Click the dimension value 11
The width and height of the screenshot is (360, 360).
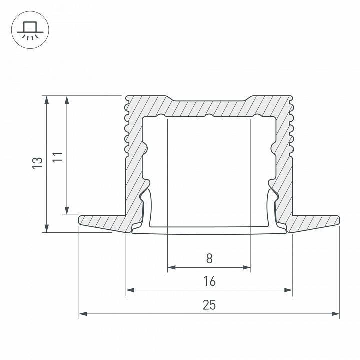coord(58,156)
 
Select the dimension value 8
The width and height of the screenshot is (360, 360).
coord(209,258)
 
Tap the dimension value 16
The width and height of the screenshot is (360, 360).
coord(209,281)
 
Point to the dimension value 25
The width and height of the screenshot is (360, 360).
coord(209,305)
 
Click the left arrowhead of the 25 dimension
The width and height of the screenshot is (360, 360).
coord(83,314)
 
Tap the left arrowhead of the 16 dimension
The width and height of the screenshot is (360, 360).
coord(129,290)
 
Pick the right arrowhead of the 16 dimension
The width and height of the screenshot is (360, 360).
coord(288,290)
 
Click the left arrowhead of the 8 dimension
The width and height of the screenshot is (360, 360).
coord(171,267)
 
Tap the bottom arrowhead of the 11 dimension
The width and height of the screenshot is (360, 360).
coord(67,211)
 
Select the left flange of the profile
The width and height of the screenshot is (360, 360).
coord(102,222)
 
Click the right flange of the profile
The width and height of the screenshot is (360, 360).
coord(315,222)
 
